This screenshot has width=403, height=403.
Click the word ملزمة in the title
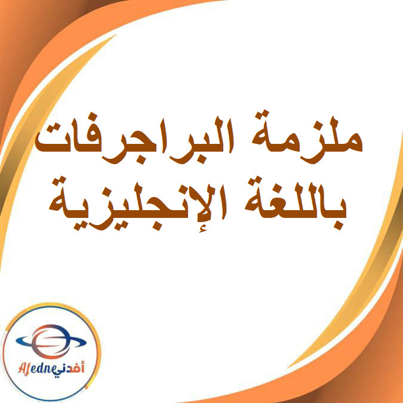click(x=305, y=139)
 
